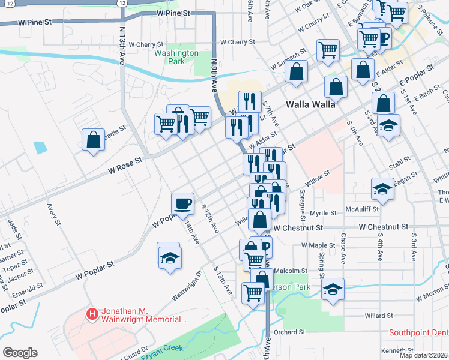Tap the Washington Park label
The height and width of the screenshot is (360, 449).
pyautogui.click(x=176, y=57)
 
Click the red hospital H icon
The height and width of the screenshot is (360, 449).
pyautogui.click(x=92, y=313)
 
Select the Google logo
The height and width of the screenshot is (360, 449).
pyautogui.click(x=20, y=353)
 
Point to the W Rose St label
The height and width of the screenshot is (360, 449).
pyautogui.click(x=125, y=166)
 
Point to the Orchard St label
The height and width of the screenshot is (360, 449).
pyautogui.click(x=289, y=332)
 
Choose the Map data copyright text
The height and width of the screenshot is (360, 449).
pyautogui.click(x=424, y=355)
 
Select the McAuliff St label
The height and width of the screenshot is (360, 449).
pyautogui.click(x=362, y=209)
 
